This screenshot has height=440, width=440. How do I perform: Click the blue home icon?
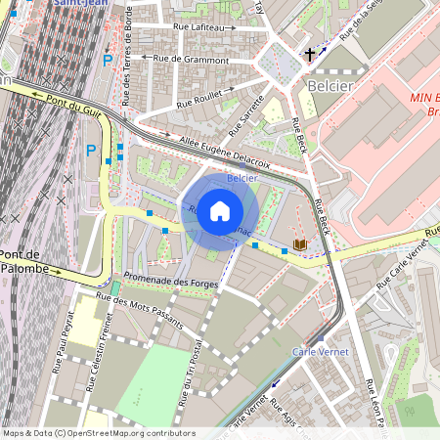[220, 210]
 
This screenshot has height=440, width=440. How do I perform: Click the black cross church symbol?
[311, 55]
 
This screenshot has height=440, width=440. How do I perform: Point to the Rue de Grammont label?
[191, 60]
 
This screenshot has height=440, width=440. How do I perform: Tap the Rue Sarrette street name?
[246, 116]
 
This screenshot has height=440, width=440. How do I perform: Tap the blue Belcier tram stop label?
[242, 179]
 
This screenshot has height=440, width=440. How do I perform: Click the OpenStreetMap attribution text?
[98, 433]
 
